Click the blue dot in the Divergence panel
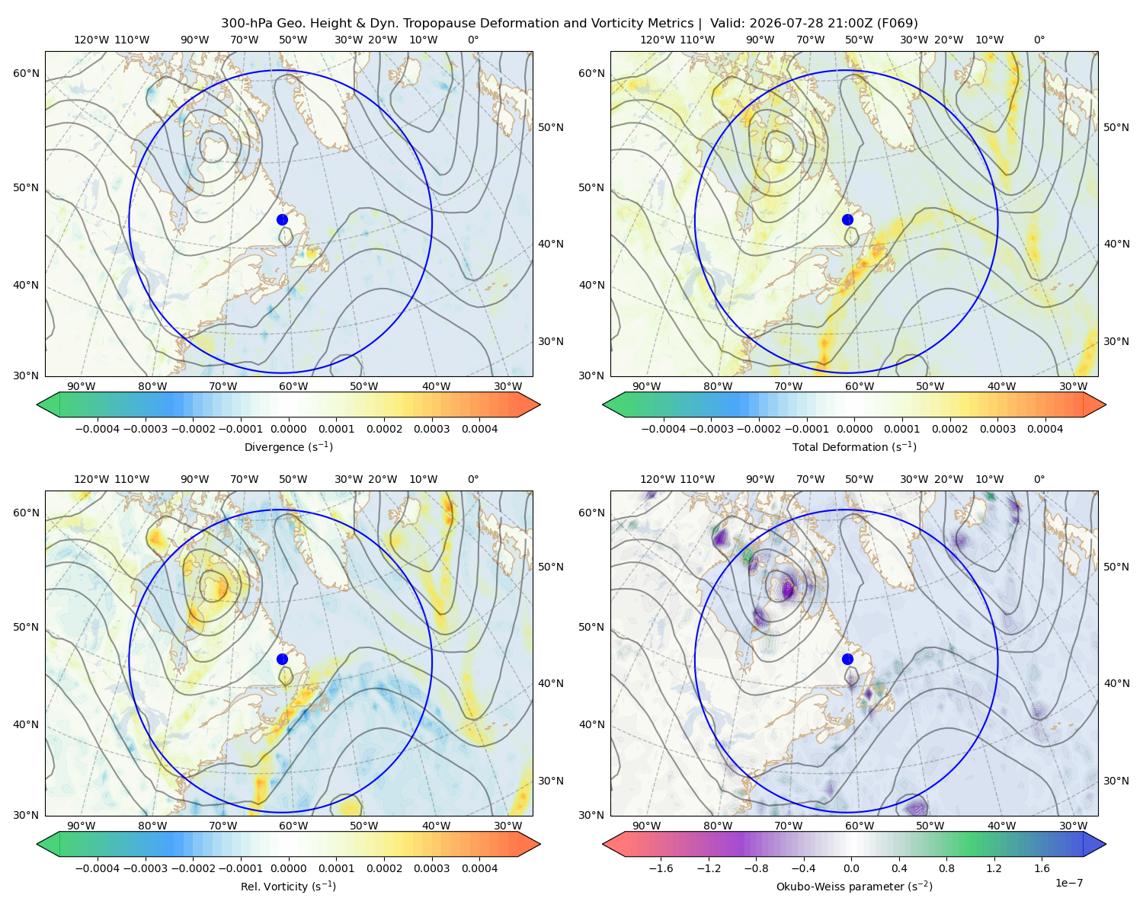coord(282,220)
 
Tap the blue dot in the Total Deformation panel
coord(847,220)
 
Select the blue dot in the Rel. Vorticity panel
coord(282,659)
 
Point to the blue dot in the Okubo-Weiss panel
coord(847,659)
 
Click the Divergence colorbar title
coord(288,447)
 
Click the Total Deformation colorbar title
coord(854,447)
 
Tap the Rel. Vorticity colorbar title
coord(288,887)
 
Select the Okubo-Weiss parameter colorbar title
coord(854,887)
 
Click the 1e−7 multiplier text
coord(1068,884)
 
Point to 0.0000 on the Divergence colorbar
coord(288,429)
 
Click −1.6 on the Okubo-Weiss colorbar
coord(661,868)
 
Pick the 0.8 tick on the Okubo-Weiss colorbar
coord(946,868)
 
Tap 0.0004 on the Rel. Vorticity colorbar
coord(479,868)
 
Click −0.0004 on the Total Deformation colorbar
coord(664,429)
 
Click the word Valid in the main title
coord(725,24)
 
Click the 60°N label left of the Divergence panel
coord(26,73)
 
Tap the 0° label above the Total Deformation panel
coord(1039,40)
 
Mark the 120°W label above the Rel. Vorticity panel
coord(91,479)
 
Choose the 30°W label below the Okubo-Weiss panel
coord(1074,826)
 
